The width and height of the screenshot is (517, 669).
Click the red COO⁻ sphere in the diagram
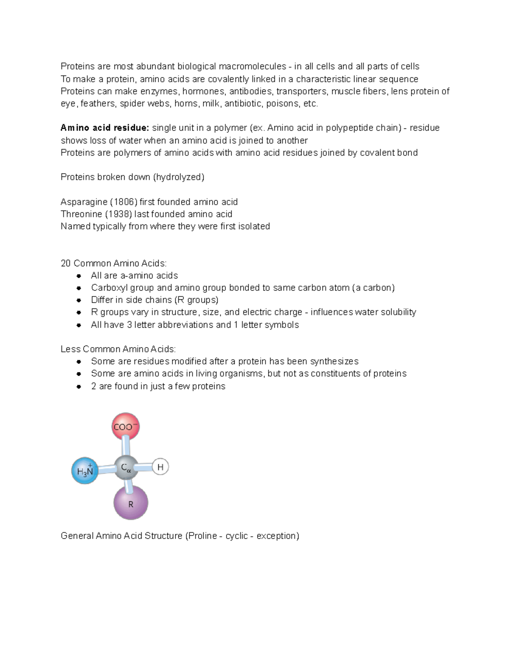tap(125, 426)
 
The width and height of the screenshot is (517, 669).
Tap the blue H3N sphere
tap(85, 470)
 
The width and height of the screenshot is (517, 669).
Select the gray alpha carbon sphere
tap(126, 467)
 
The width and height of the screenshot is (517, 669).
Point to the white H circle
tap(160, 467)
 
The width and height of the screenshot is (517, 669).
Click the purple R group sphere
tap(131, 503)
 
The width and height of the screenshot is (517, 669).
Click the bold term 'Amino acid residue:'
tap(105, 128)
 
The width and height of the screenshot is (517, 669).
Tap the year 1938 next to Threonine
tap(118, 214)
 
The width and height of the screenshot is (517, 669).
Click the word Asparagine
tap(84, 202)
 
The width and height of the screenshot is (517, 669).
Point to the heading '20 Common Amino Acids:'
tap(113, 263)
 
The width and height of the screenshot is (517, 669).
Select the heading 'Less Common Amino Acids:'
tap(118, 349)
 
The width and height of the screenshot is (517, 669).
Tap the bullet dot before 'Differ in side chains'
tap(78, 300)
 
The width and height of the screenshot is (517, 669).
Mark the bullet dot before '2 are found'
tap(78, 386)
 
